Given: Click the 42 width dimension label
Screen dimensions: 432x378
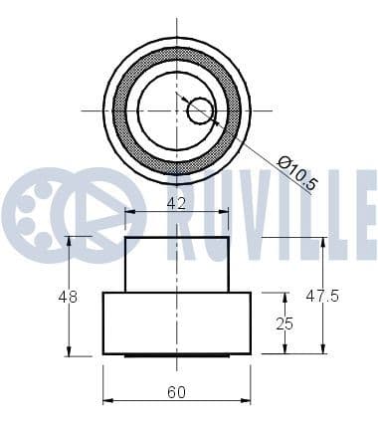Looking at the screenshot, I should [175, 202].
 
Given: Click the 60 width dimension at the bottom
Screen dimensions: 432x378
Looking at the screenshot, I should [175, 392].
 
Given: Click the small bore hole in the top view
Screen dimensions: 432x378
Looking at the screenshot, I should [200, 109].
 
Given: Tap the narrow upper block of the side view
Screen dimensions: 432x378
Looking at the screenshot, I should [176, 264].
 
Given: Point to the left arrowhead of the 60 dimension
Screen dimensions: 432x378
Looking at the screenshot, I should [107, 401].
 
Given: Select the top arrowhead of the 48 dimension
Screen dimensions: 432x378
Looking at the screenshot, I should [69, 242].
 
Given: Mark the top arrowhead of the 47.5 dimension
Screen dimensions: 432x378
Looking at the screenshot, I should [323, 242].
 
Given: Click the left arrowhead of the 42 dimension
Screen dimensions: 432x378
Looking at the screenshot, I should [128, 211].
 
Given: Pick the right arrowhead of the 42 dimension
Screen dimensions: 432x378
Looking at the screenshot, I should [224, 211].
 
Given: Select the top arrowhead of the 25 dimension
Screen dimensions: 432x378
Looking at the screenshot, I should [286, 297].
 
